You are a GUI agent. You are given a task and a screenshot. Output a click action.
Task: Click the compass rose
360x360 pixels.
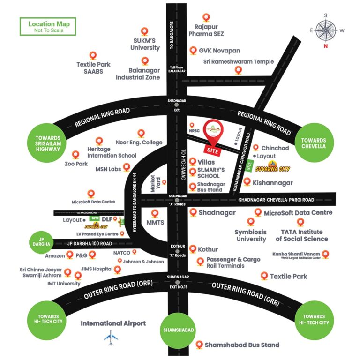pos(325,30)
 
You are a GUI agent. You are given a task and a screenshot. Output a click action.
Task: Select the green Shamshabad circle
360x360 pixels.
pos(178,330)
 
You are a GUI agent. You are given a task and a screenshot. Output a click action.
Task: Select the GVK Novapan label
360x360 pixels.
pos(219,50)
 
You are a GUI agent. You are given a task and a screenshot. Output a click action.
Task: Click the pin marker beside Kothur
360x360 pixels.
pos(192,249)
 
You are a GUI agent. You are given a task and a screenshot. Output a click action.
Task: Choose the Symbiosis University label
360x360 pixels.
pos(251,235)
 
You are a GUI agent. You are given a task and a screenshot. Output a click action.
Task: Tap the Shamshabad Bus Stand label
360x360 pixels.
pos(242,345)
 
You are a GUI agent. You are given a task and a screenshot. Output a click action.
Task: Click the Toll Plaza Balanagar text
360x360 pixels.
pos(178,69)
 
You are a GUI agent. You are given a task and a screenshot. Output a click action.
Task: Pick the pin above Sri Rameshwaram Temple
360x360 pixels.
pos(239,70)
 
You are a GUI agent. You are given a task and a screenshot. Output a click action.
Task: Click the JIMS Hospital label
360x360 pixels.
pos(97,269)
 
